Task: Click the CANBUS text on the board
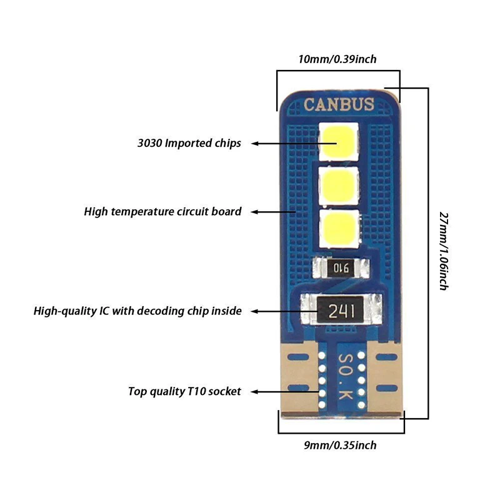pos(339,104)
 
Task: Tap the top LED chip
pos(339,141)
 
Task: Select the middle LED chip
pos(339,186)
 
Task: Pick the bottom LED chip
pos(339,228)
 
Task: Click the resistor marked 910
pos(341,267)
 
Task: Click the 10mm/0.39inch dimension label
pos(337,59)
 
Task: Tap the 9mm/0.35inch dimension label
pos(340,445)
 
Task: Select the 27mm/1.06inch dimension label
pos(444,251)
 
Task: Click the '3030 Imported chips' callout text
pos(189,143)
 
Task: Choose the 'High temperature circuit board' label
pos(162,212)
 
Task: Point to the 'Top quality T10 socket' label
pos(184,391)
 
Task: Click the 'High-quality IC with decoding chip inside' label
pos(137,311)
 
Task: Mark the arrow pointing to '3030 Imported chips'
pos(294,144)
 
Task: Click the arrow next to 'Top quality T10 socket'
pos(285,392)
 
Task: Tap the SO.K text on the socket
pos(346,376)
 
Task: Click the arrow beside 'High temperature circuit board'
pos(273,212)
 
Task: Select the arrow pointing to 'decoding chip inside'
pos(284,311)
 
